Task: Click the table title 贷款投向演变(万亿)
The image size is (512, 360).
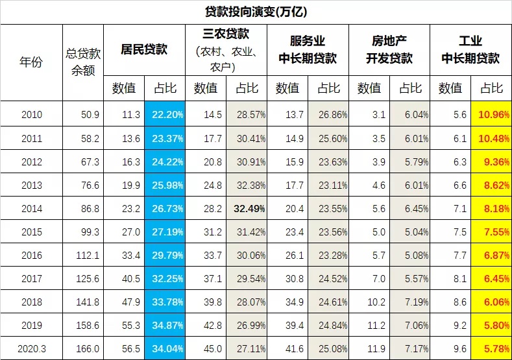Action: tap(256, 12)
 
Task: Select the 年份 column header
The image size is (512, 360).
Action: tap(31, 62)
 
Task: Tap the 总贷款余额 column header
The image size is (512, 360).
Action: tap(83, 62)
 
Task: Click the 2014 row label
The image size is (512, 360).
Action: tap(31, 208)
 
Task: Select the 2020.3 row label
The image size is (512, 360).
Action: tap(31, 348)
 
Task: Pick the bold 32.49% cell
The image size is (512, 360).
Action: tap(246, 208)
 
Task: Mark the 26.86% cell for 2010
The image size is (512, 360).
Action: tap(328, 115)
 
